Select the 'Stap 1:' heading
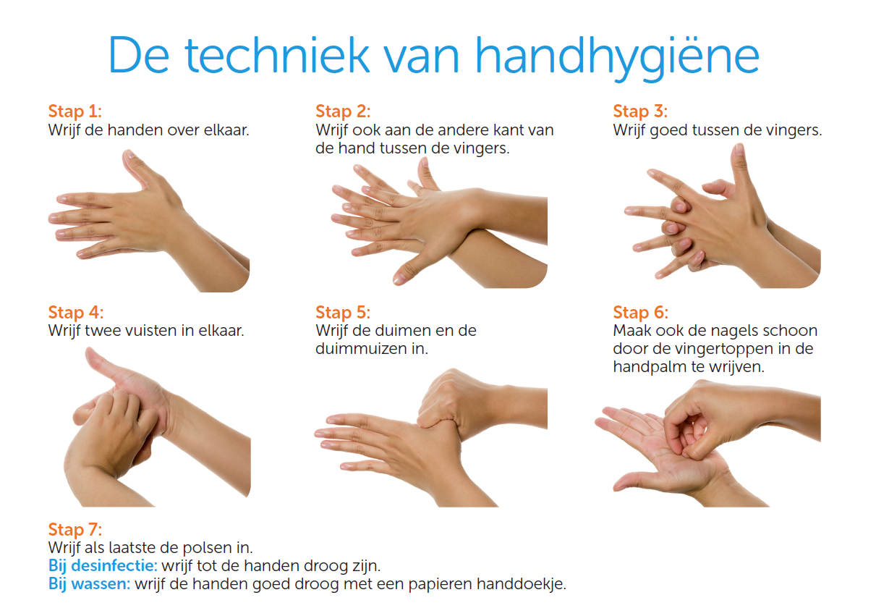coord(75,111)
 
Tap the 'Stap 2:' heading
coord(343,111)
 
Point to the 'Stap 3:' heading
coord(640,111)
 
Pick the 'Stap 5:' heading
coord(343,313)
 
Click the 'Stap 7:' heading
coord(75,529)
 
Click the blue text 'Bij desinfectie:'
coord(103,565)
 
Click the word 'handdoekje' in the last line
coord(527,583)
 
